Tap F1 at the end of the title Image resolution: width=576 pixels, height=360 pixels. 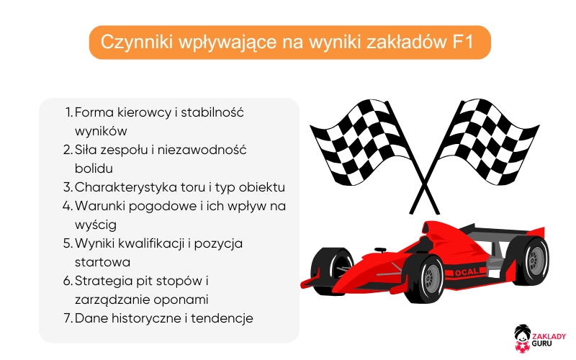pos(462,42)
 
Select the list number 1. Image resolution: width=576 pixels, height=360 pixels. pos(68,113)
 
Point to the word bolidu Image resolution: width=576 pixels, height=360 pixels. pos(94,168)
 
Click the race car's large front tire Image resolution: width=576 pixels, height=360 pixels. pos(425,277)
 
